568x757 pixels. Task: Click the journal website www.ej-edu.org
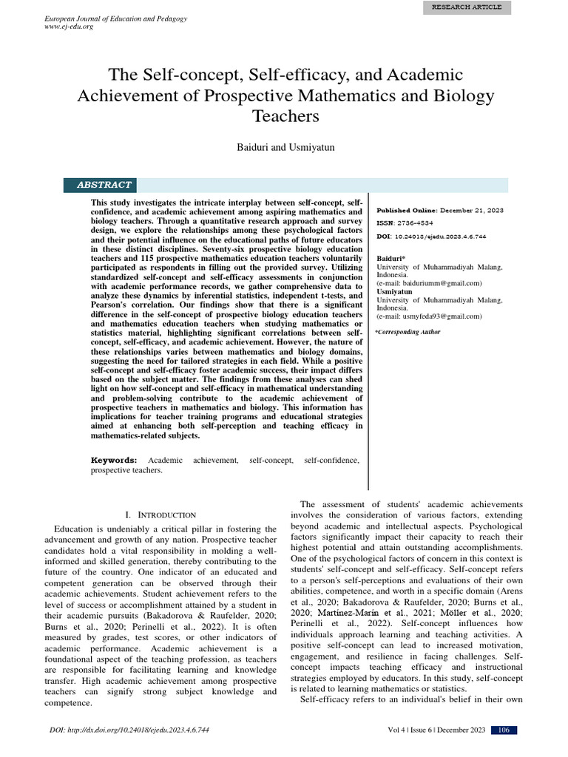(x=70, y=27)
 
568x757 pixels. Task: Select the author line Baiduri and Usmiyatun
(x=284, y=148)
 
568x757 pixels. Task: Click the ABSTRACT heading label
(x=104, y=185)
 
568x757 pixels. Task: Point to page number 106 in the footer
(x=504, y=730)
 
